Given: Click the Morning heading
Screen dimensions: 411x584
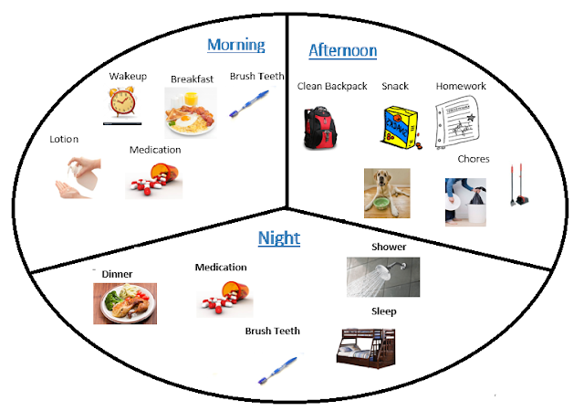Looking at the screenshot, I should (x=235, y=45).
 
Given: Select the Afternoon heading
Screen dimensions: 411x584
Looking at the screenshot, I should (x=342, y=50).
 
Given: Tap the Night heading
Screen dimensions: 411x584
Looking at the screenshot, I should (x=278, y=238).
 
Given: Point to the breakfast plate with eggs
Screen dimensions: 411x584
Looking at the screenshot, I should (x=191, y=112).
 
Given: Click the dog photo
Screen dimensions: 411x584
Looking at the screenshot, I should (x=386, y=192).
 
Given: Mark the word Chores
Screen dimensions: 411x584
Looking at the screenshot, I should (x=474, y=159).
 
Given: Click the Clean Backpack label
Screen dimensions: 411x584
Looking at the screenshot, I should (x=331, y=87).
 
